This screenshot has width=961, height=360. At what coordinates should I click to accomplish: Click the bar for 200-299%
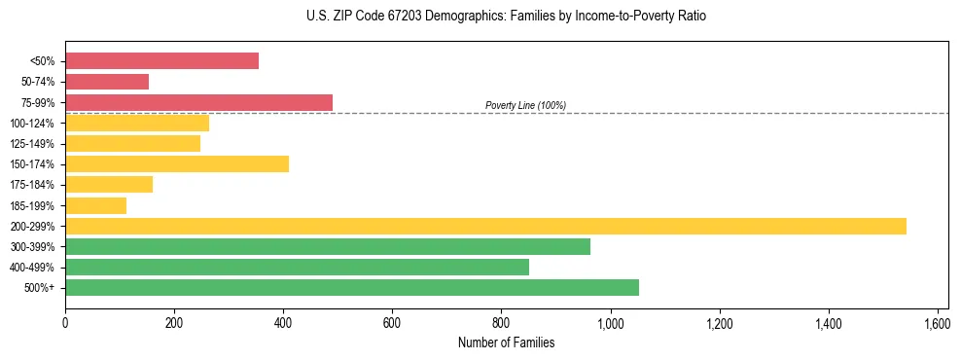pos(485,226)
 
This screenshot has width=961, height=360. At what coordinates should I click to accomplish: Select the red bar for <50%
pos(161,61)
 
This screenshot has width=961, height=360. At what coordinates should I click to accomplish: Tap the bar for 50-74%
pos(107,82)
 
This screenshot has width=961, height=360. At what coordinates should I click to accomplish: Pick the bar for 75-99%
pos(198,102)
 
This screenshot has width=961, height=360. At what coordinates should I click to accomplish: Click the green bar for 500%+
pos(351,287)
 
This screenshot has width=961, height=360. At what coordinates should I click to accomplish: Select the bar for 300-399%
pos(327,246)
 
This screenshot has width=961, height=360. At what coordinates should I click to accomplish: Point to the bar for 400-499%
pos(297,267)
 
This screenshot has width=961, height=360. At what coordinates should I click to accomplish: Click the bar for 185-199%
pos(95,205)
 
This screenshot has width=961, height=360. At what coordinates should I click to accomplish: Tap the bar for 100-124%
pos(137,123)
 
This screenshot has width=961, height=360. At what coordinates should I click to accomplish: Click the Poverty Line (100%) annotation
pos(525,105)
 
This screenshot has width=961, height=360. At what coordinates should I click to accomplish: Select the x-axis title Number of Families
pos(506,342)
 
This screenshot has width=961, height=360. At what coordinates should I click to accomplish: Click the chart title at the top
pos(506,17)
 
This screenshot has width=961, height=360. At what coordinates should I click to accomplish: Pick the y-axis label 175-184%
pos(32,185)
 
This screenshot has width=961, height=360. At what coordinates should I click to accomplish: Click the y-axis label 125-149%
pos(32,144)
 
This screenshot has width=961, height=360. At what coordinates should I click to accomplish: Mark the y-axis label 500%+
pos(41,288)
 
